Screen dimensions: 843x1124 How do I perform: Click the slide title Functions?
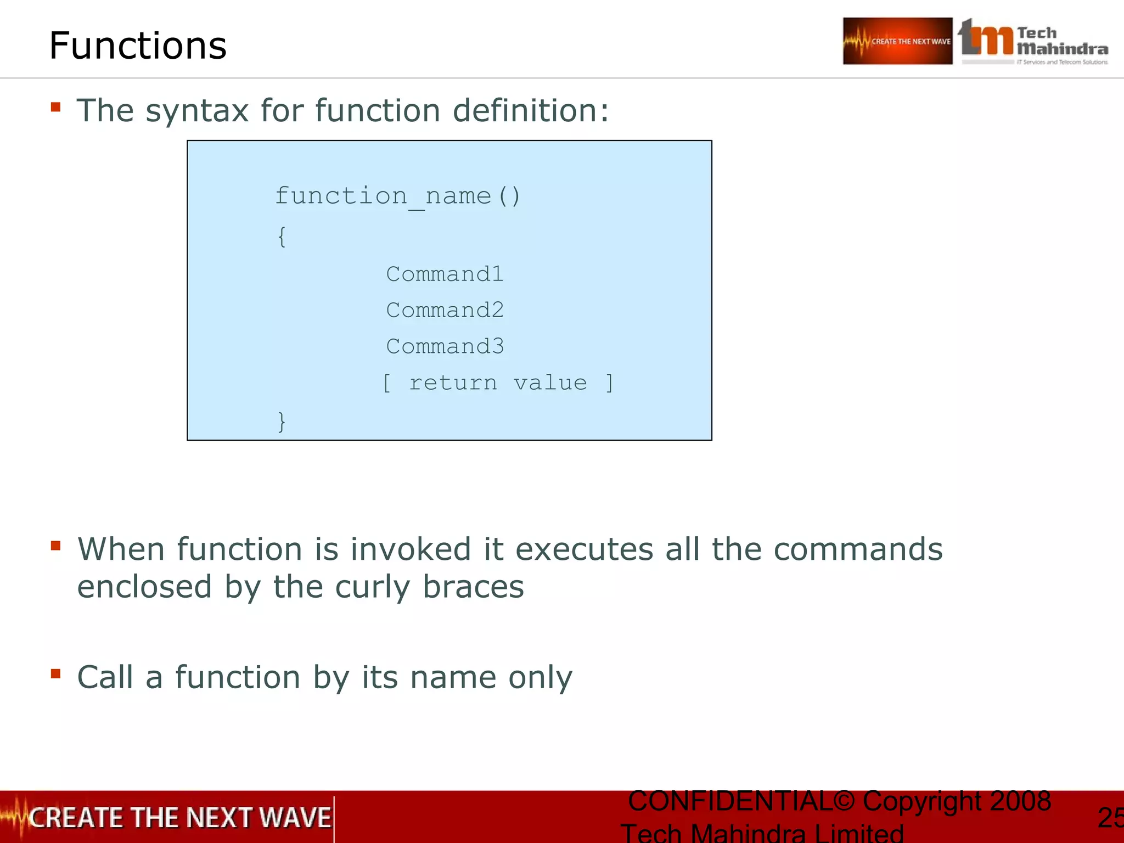pos(138,46)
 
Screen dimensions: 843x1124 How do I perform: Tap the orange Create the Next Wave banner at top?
pos(897,41)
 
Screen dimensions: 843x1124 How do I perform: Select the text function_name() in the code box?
pos(397,196)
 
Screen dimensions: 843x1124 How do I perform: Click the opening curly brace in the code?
pos(282,237)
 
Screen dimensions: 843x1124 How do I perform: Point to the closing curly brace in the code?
pos(282,421)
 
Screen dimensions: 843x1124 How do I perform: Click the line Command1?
pos(445,274)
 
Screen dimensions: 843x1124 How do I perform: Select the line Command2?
pos(445,310)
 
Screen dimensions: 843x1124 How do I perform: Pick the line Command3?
pos(445,346)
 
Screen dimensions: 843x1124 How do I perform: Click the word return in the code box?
pos(453,383)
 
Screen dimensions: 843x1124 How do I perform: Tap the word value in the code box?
pos(550,383)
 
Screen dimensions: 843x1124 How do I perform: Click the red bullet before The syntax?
pos(55,107)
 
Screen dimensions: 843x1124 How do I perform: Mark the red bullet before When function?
pos(55,546)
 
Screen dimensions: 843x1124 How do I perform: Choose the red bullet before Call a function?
pos(55,673)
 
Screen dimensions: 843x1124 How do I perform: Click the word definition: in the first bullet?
pos(531,110)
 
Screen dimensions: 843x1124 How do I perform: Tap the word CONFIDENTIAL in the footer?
pos(730,801)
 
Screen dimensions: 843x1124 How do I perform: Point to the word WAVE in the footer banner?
pos(295,818)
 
